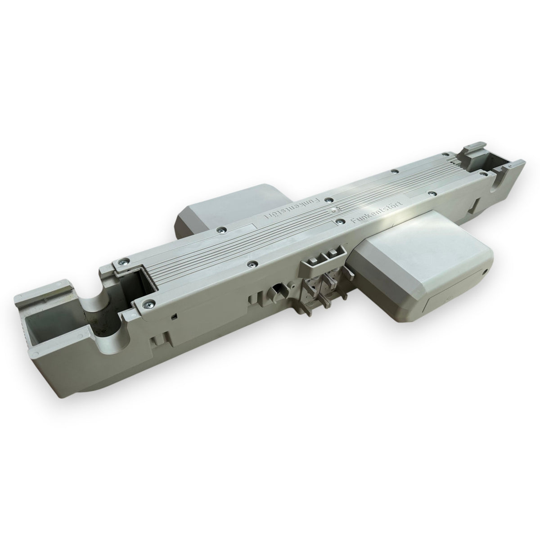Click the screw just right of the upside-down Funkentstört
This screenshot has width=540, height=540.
click(x=328, y=200)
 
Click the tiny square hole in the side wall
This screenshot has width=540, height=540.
click(x=174, y=316)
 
